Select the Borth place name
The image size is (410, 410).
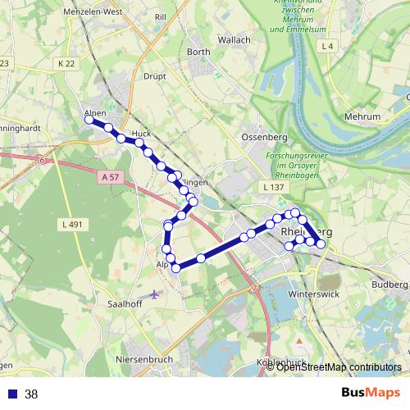[199, 52]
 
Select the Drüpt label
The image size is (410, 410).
[154, 76]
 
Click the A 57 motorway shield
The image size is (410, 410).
[112, 176]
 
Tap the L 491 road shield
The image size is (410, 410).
[73, 223]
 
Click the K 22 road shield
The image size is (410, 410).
[66, 63]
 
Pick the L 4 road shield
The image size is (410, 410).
[329, 45]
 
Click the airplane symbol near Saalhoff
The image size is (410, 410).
[155, 293]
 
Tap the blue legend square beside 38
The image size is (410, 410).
[11, 394]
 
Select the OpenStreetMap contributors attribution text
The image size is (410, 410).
[339, 367]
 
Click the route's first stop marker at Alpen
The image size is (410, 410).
[89, 120]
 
